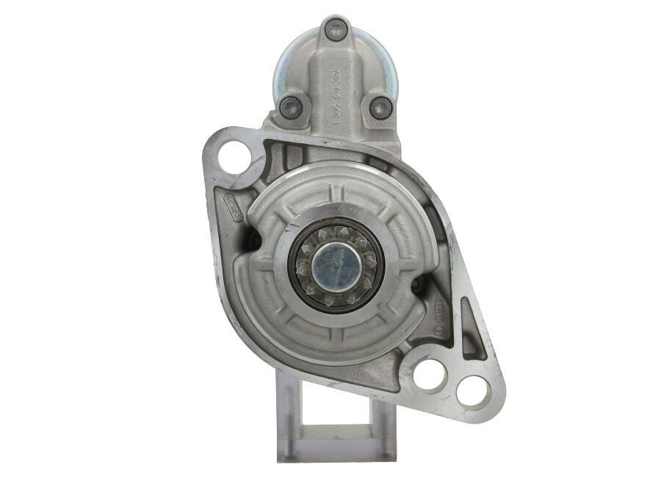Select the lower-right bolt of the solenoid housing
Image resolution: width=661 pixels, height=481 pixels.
coord(380,108)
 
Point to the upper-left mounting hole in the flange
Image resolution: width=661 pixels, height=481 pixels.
coord(234,157)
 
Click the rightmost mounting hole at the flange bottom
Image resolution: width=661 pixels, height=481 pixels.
coord(471,390)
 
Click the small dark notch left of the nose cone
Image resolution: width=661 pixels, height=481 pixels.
coord(254,239)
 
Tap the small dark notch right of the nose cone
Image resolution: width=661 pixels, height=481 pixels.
coord(416,283)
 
